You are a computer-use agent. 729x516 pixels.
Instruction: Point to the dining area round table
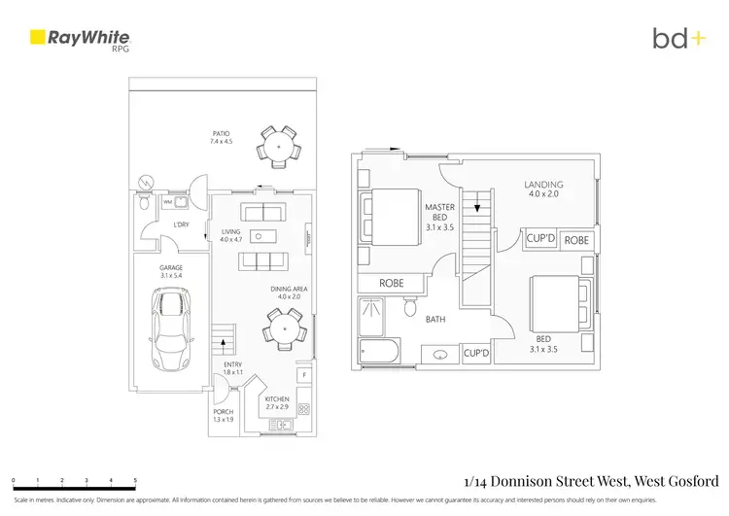tap(283, 327)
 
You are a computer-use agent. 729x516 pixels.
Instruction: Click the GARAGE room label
tap(171, 268)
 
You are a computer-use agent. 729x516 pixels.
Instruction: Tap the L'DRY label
tap(181, 225)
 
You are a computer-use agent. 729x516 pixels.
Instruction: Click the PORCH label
tap(223, 413)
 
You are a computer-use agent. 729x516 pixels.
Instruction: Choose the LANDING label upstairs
tap(543, 184)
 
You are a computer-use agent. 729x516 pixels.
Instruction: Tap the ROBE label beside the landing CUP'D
tap(576, 239)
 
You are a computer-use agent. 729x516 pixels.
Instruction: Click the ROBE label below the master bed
tap(391, 285)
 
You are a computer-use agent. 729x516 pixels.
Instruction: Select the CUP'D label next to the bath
tap(476, 354)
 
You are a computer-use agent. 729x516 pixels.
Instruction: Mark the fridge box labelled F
tap(304, 374)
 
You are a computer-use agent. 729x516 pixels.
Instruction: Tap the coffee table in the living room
tap(260, 235)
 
